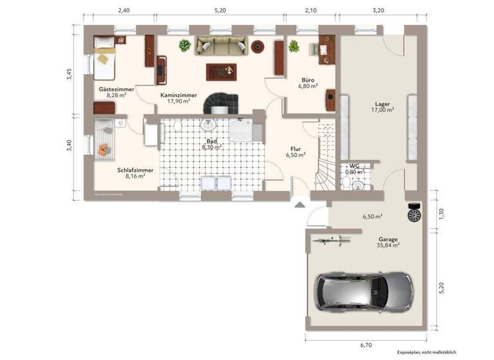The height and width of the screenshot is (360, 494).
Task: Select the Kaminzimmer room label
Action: [x=178, y=94]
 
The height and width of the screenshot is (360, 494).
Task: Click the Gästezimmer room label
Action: [x=116, y=89]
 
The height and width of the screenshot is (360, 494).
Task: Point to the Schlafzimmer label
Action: [x=135, y=170]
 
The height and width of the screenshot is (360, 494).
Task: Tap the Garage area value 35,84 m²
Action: [x=388, y=245]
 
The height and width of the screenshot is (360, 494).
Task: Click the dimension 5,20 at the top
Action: [x=220, y=10]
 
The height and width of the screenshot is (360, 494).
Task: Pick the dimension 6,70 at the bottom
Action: [x=367, y=345]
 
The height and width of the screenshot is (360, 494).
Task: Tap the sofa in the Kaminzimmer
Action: [x=221, y=45]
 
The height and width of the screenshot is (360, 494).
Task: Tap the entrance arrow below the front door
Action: [x=300, y=205]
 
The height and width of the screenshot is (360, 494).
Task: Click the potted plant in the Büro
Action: [x=294, y=46]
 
